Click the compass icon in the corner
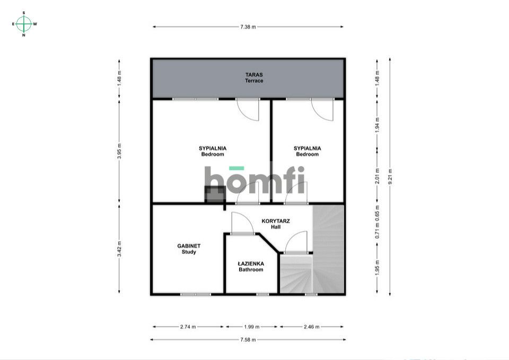click(24, 23)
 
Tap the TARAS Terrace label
click(254, 78)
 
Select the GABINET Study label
click(189, 249)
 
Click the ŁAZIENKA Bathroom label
click(251, 266)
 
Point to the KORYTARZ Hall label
click(275, 223)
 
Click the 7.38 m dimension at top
click(248, 27)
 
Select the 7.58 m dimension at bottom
click(248, 339)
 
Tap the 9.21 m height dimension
click(390, 175)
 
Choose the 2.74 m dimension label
click(188, 327)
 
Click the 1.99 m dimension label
click(252, 327)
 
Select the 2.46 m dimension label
click(311, 327)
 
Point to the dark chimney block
click(214, 194)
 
